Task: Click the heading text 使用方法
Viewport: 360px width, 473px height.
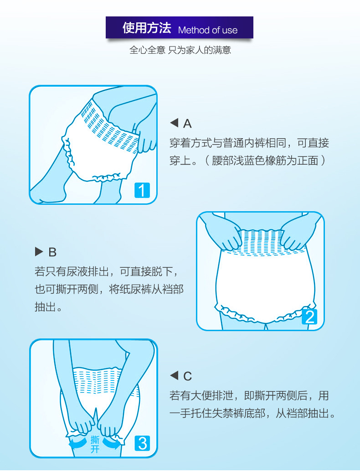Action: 147,28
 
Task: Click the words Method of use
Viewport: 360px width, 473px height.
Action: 207,30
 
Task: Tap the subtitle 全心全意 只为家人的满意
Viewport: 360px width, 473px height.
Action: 180,50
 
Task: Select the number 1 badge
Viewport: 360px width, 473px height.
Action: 142,190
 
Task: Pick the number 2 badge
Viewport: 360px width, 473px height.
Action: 310,317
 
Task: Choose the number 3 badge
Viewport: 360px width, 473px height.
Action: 142,443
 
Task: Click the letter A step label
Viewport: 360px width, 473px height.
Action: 187,123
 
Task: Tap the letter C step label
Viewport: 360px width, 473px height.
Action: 187,376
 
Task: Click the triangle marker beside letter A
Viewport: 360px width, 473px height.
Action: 174,123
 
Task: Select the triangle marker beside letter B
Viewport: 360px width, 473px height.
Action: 39,251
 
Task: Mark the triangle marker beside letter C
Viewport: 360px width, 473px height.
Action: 174,375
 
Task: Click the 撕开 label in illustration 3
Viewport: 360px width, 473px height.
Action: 95,445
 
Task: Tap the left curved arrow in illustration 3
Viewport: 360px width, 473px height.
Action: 78,443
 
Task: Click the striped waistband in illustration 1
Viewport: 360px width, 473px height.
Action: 108,127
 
